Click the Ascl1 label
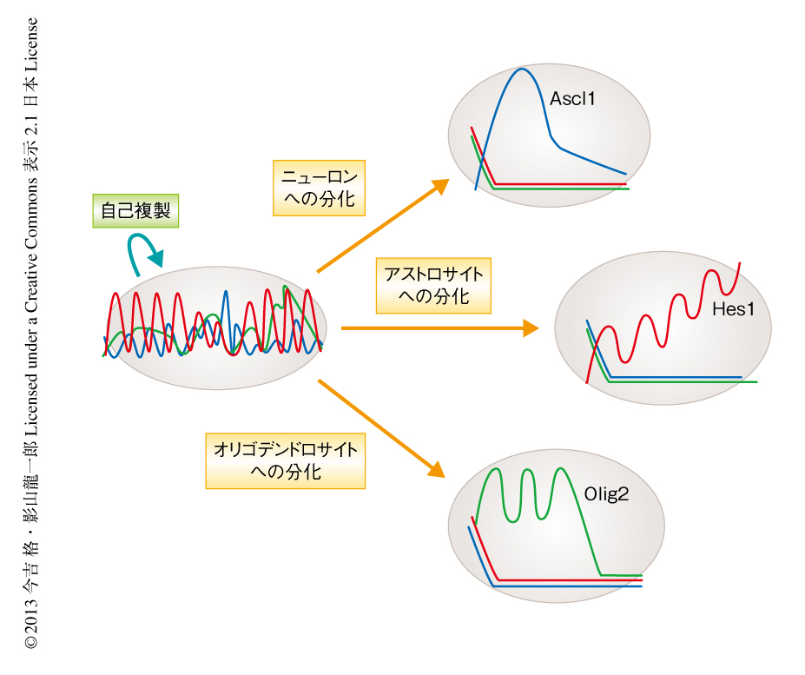(x=572, y=99)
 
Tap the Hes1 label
(x=733, y=309)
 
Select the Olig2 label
(x=606, y=494)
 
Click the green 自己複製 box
(x=135, y=210)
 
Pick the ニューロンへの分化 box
(x=319, y=188)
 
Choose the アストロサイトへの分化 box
(x=433, y=286)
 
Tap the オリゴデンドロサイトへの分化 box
(x=286, y=460)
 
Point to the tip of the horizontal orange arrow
(x=539, y=328)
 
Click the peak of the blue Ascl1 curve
(x=522, y=69)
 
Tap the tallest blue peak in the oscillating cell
(x=226, y=291)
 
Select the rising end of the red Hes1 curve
(x=740, y=263)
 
